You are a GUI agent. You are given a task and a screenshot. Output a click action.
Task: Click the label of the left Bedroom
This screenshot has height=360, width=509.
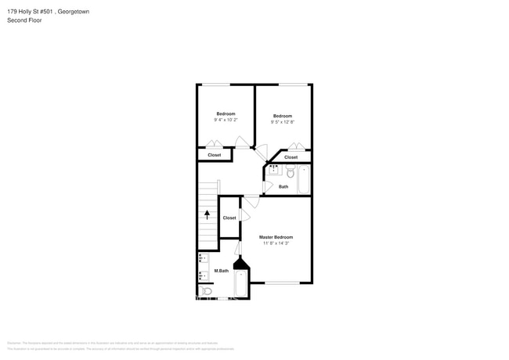pos(226,113)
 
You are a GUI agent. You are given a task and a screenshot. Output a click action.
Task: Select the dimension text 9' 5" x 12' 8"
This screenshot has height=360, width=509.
pos(282,121)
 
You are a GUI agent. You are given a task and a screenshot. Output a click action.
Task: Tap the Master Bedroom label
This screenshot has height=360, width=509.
pos(276,237)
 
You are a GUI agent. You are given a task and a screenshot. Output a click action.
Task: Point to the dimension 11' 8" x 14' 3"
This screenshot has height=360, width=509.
pos(276,243)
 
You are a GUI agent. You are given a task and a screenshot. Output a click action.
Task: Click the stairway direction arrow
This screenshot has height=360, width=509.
pos(208,213)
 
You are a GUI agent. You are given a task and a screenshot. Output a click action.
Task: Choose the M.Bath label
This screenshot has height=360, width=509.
pos(222,271)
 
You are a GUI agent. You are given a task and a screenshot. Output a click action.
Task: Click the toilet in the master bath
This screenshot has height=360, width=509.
pos(205,291)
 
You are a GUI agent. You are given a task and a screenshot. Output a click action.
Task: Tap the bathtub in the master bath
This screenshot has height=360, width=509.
pos(242,284)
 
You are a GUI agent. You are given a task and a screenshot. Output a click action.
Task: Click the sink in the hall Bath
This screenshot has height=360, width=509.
pos(274,170)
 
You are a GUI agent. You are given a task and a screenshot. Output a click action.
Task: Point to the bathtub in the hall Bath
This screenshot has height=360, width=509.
pos(304,179)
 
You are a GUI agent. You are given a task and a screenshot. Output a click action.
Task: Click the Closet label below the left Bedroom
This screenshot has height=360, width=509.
pos(214,155)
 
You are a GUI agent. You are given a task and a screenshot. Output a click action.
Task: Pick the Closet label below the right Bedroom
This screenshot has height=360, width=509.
pos(291,157)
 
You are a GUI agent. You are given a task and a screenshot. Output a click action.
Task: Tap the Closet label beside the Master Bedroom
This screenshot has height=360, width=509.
pos(229,218)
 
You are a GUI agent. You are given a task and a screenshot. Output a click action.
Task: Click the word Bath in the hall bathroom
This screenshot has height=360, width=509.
pos(283,186)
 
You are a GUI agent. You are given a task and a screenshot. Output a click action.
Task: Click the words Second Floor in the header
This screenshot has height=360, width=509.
pos(23,20)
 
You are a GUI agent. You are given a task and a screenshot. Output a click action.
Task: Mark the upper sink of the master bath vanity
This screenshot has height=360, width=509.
pos(203,259)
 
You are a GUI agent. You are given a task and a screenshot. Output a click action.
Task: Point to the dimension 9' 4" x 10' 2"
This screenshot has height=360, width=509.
pos(226,120)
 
